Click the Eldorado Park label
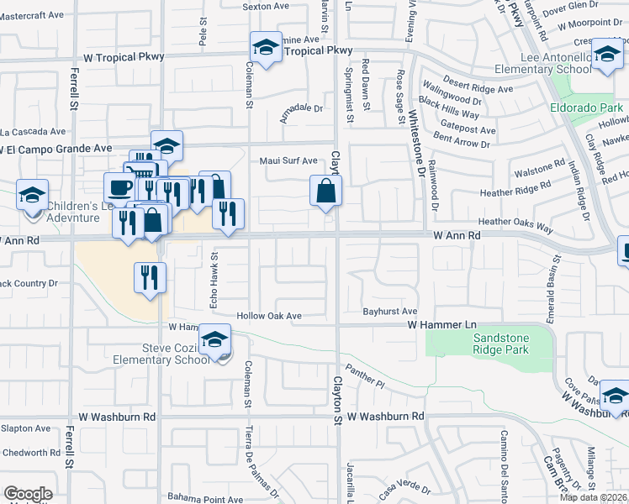tap(586, 108)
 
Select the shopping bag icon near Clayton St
tap(325, 191)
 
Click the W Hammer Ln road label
tap(441, 324)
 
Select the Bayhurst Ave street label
tap(390, 311)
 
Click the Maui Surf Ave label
tap(288, 160)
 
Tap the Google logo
tap(28, 494)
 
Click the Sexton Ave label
tap(265, 6)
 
